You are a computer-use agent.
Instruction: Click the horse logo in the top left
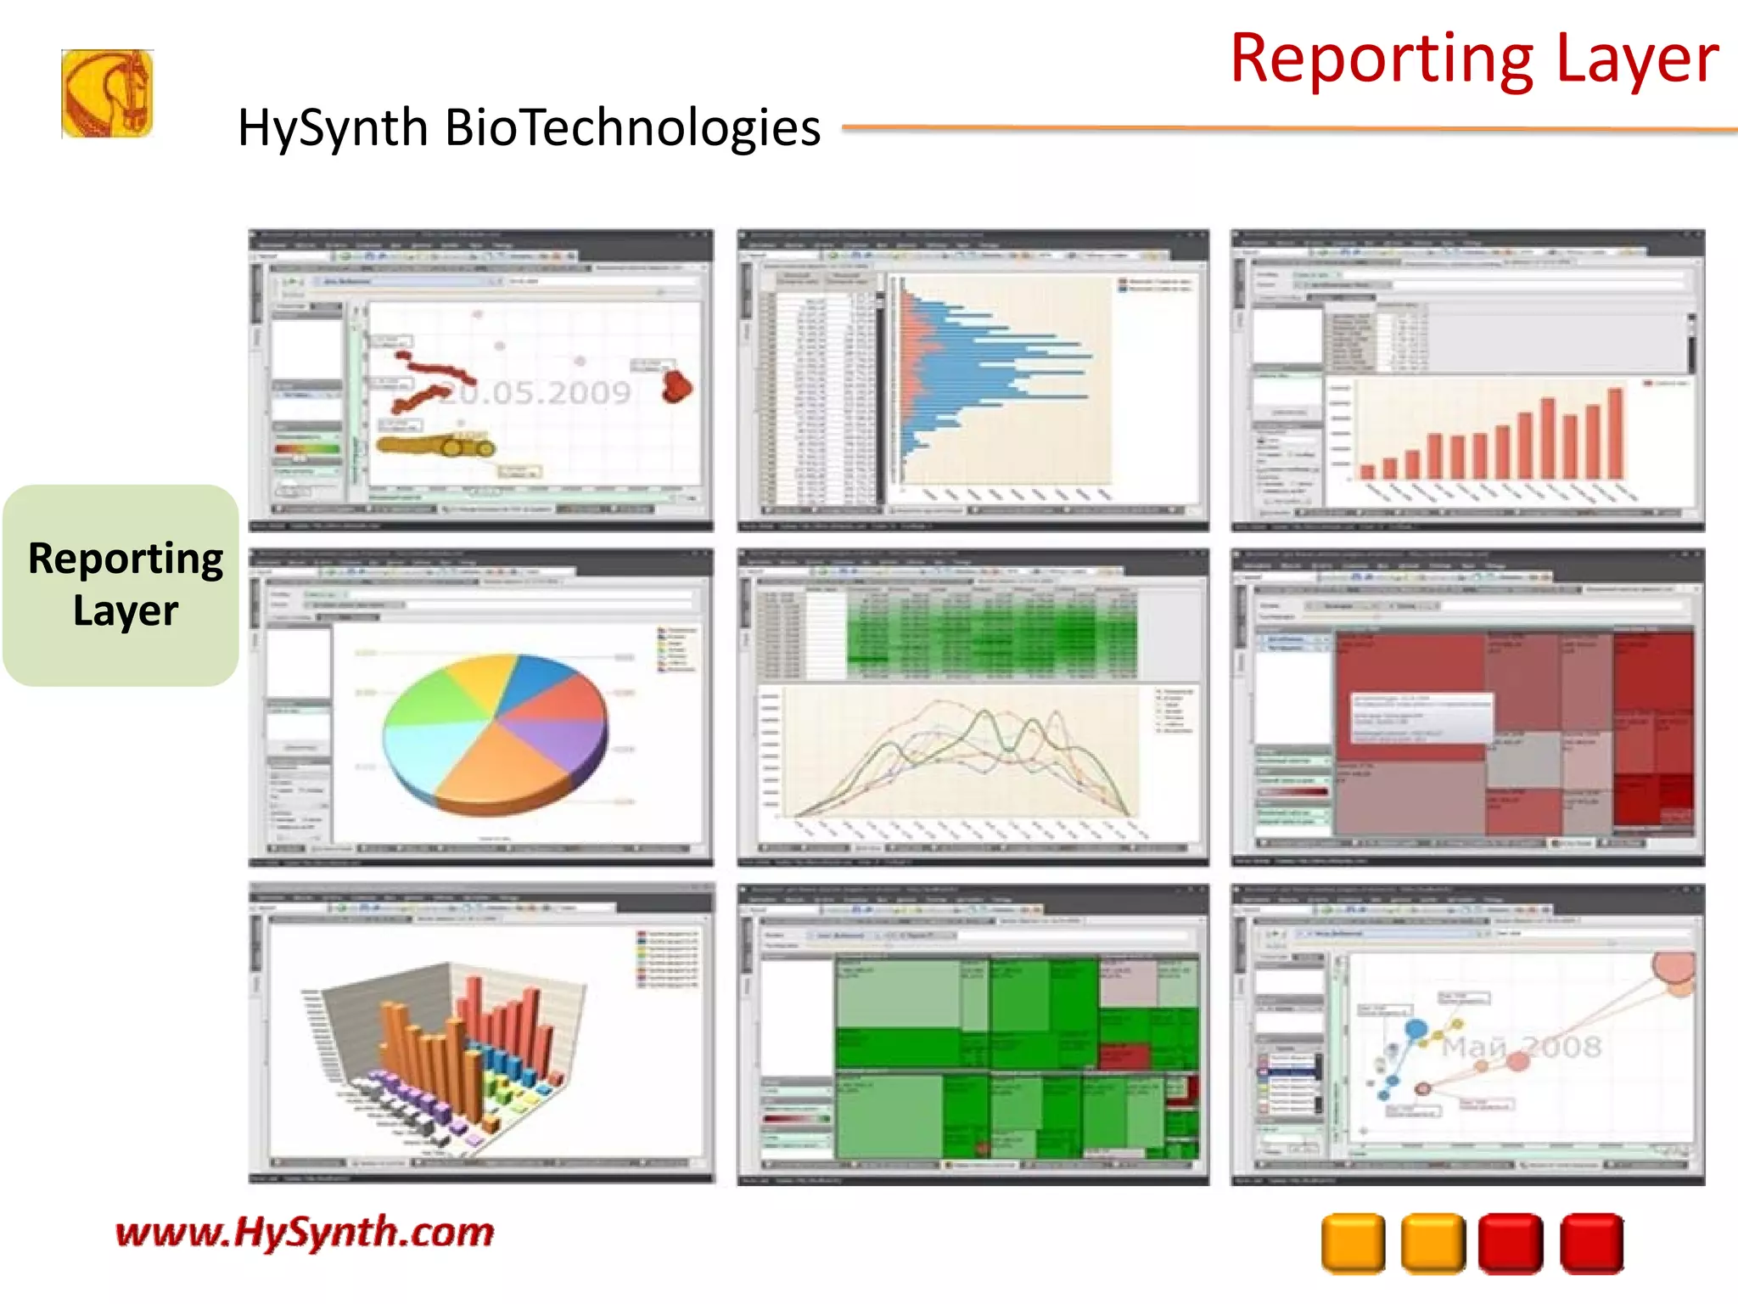[107, 93]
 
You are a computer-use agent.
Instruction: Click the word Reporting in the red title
[1381, 59]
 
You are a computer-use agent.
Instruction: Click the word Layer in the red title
[1637, 59]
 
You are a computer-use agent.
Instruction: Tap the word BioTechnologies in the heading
[632, 128]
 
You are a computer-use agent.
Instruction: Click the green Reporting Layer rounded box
[121, 585]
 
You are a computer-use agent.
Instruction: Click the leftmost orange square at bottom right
[1353, 1244]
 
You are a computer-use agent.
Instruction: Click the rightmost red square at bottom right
[1592, 1244]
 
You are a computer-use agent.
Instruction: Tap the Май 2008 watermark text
[1522, 1047]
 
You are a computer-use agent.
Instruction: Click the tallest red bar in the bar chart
[1615, 433]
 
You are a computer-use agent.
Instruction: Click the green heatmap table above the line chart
[991, 632]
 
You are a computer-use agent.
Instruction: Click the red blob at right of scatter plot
[676, 385]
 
